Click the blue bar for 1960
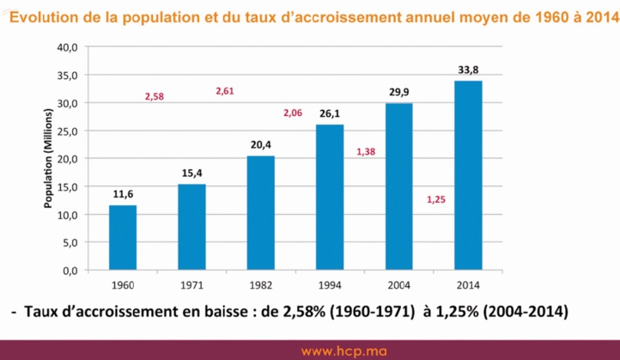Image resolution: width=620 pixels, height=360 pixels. (122, 237)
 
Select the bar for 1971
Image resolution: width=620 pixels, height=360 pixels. (191, 227)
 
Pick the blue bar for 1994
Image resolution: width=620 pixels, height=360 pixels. (330, 197)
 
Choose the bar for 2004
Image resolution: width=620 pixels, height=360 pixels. (398, 186)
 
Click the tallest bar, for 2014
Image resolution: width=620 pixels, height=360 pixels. (468, 175)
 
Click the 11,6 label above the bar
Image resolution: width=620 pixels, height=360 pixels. (122, 194)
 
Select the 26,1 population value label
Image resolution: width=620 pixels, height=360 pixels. (330, 113)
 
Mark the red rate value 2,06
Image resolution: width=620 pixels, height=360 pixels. (295, 113)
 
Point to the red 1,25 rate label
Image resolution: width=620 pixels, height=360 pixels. (436, 199)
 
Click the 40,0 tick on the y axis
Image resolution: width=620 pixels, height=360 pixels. (67, 47)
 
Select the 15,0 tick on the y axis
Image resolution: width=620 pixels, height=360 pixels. (67, 186)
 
